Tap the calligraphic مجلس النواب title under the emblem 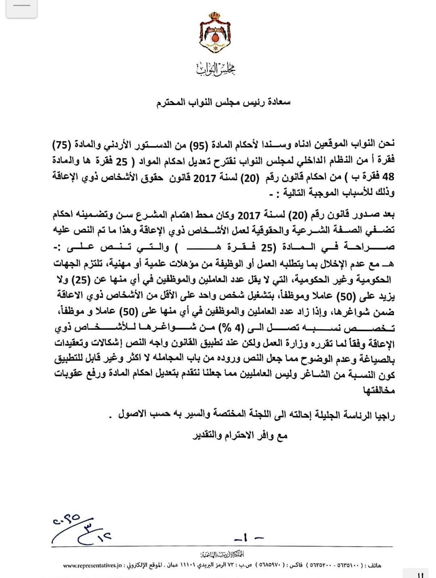[216, 69]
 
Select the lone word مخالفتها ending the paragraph [379, 391]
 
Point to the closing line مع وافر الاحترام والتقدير [240, 435]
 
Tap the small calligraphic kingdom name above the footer [222, 555]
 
